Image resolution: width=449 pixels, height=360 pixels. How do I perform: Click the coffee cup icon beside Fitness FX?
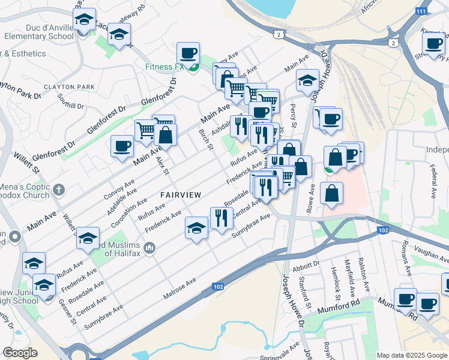pyautogui.click(x=188, y=53)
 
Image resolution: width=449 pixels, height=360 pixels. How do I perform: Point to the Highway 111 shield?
pyautogui.click(x=422, y=11)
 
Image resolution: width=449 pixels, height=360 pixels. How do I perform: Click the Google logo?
pyautogui.click(x=20, y=352)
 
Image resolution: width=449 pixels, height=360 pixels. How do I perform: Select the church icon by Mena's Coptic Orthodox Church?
pyautogui.click(x=58, y=190)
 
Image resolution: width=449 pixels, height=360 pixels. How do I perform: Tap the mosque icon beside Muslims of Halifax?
pyautogui.click(x=149, y=247)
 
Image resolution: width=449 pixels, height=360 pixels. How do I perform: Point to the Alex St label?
pyautogui.click(x=163, y=163)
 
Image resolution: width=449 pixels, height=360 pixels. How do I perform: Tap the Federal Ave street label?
pyautogui.click(x=430, y=177)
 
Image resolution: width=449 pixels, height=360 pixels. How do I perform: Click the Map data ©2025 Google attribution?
pyautogui.click(x=411, y=355)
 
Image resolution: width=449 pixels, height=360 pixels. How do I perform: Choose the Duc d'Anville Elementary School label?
pyautogui.click(x=33, y=31)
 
